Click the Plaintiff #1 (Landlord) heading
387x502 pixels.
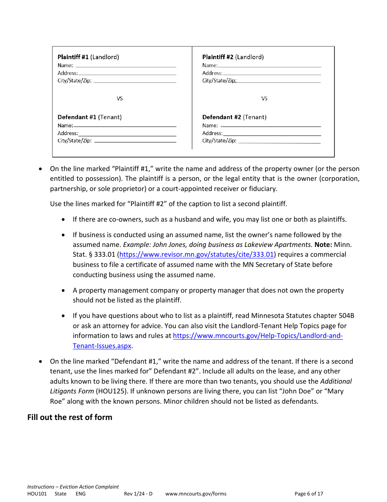click(x=88, y=57)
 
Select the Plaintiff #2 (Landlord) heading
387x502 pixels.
click(x=233, y=57)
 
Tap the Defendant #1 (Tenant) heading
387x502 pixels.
click(x=90, y=117)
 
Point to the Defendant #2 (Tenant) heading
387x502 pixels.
click(x=234, y=117)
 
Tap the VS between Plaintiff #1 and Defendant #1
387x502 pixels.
click(x=120, y=98)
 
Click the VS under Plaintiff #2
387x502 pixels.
click(x=264, y=98)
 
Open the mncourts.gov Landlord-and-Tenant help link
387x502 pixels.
click(x=258, y=336)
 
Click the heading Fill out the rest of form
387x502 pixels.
click(x=70, y=417)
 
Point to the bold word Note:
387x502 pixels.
click(x=323, y=244)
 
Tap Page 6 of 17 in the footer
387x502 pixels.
click(x=309, y=493)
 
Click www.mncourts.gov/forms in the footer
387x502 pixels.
click(x=196, y=493)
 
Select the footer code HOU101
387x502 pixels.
click(x=37, y=493)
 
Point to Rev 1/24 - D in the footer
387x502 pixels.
click(x=138, y=493)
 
